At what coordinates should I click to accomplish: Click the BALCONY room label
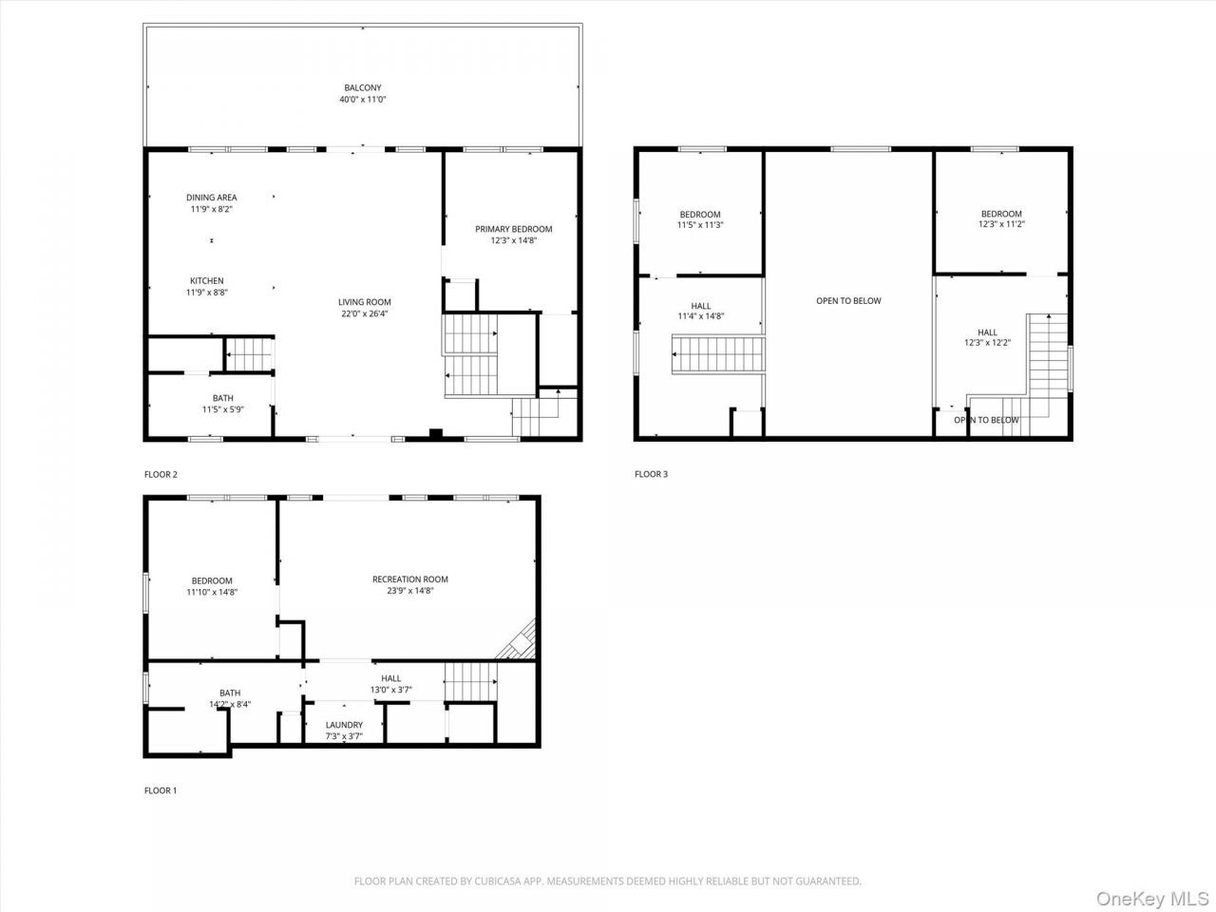click(x=363, y=87)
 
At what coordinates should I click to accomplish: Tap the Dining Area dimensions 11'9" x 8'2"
click(x=211, y=209)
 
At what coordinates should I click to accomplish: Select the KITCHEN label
click(x=207, y=281)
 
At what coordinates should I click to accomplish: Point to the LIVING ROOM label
click(x=365, y=302)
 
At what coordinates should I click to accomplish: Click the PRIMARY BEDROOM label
click(x=514, y=229)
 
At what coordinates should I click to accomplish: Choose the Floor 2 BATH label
click(x=222, y=398)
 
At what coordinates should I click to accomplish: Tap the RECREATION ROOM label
click(x=410, y=579)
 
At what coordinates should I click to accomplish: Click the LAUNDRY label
click(x=344, y=725)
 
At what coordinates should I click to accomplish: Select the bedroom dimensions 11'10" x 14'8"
click(x=212, y=592)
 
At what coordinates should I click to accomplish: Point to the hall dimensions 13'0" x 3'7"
click(x=391, y=690)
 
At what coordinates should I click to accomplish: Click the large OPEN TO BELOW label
click(x=848, y=301)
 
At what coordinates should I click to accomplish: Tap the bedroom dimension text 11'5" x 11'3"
click(x=700, y=225)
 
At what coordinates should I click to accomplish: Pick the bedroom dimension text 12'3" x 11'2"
click(x=1001, y=224)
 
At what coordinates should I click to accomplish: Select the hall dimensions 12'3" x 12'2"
click(x=987, y=343)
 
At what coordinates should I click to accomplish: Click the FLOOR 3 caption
click(x=651, y=474)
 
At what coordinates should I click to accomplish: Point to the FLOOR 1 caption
click(x=161, y=790)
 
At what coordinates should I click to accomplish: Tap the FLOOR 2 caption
click(x=161, y=474)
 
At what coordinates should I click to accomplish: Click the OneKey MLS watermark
click(x=1152, y=898)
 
